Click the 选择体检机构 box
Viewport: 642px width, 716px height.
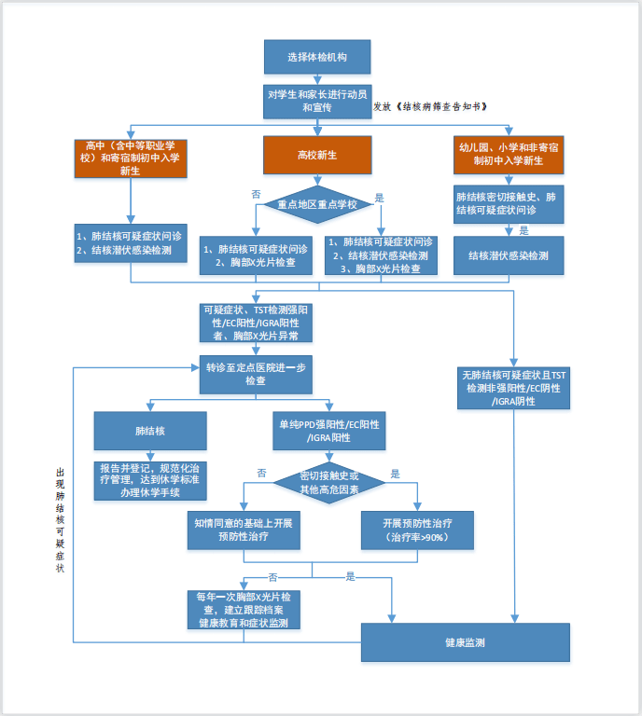tap(318, 58)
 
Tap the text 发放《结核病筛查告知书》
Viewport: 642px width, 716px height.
tap(430, 107)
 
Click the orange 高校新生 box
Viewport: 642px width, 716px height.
tap(318, 154)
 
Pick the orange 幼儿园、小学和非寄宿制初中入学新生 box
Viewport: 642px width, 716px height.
tap(509, 154)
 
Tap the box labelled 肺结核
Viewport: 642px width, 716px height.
tap(150, 432)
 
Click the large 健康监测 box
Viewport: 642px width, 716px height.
tap(464, 644)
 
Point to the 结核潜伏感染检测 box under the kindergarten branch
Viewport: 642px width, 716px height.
tap(509, 255)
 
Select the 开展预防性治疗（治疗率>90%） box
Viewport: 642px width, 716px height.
tap(418, 530)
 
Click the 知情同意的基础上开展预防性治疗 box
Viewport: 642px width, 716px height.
tap(243, 530)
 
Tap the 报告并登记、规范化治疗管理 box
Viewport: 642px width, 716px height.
tap(150, 481)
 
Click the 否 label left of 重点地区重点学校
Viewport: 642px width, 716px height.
tap(256, 194)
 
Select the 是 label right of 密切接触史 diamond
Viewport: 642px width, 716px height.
tap(395, 474)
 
